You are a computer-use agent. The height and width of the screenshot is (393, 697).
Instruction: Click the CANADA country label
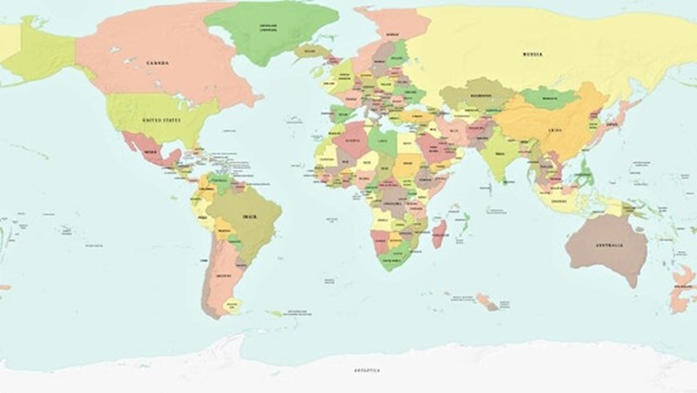click(x=158, y=63)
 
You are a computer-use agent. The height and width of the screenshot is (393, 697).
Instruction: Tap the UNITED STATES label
click(x=162, y=119)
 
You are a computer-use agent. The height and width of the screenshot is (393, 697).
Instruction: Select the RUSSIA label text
click(x=532, y=54)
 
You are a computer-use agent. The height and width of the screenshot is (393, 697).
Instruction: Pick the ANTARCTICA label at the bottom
click(x=367, y=370)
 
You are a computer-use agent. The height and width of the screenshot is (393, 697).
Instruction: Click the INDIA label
click(x=498, y=154)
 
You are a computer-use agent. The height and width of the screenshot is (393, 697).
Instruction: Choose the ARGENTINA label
click(x=223, y=274)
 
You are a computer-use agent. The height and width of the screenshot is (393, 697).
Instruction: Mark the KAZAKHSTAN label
click(x=480, y=94)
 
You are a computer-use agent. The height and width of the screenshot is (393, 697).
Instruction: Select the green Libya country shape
click(x=382, y=140)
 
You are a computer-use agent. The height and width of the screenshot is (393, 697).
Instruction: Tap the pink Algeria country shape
click(x=353, y=139)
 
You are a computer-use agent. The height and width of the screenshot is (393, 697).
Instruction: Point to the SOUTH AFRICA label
click(x=396, y=260)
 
